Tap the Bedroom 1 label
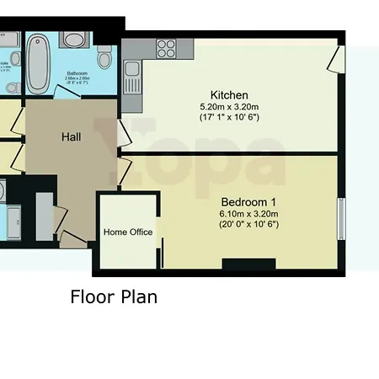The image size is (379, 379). [248, 202]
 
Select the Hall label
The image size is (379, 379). [71, 136]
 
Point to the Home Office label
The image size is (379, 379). [128, 232]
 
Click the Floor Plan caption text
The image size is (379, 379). [113, 296]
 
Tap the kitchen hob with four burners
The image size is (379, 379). [165, 48]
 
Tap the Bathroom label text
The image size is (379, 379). [77, 73]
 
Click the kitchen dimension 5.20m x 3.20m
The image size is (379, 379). [228, 107]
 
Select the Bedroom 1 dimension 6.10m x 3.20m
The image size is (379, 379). [248, 214]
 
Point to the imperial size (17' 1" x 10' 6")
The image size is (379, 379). [228, 117]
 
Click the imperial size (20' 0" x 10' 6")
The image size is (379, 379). [248, 224]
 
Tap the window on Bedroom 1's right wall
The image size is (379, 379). [341, 220]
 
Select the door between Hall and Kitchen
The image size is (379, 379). [125, 132]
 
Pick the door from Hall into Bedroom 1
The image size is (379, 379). [125, 170]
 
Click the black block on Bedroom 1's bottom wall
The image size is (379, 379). [248, 264]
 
